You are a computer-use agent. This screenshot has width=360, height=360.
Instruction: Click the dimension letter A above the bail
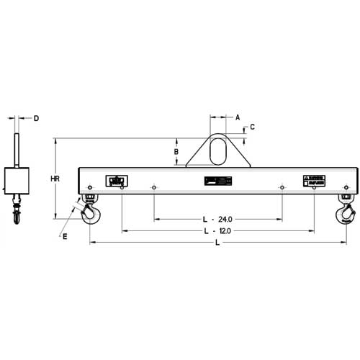[x=238, y=116]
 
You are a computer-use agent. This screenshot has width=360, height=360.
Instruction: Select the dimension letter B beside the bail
[x=175, y=152]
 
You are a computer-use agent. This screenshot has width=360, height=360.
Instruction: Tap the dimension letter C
[x=252, y=127]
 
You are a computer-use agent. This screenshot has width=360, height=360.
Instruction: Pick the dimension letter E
[x=64, y=235]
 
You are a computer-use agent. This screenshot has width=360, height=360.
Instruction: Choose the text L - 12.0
[x=216, y=230]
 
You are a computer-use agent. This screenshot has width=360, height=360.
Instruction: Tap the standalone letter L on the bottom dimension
[x=217, y=244]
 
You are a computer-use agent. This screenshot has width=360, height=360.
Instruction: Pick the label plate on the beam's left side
[x=115, y=181]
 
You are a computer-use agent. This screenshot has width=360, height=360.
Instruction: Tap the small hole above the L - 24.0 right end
[x=281, y=189]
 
